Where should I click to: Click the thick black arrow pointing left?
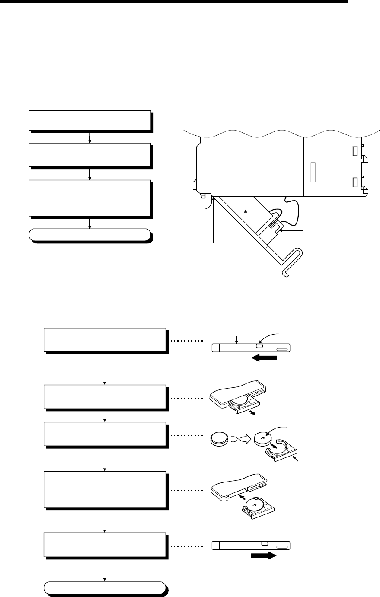pyautogui.click(x=263, y=358)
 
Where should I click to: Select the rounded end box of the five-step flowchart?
pyautogui.click(x=105, y=588)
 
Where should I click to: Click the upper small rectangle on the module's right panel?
pyautogui.click(x=355, y=150)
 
